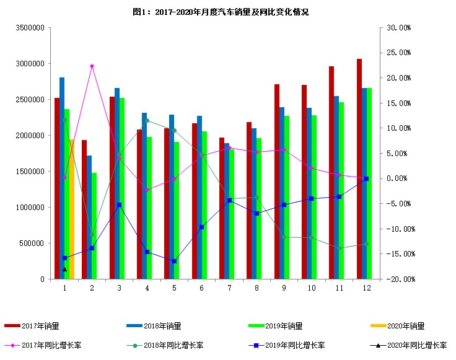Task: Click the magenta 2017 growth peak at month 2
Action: pos(92,66)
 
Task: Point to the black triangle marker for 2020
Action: pos(64,269)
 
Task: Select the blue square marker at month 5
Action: pos(174,261)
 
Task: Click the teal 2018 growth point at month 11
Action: pos(339,248)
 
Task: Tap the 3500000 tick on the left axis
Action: pos(30,29)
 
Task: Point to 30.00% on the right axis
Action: pos(398,29)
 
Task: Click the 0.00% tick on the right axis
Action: pos(399,178)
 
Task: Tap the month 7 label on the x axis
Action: pos(229,289)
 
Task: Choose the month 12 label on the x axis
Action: pos(367,289)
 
